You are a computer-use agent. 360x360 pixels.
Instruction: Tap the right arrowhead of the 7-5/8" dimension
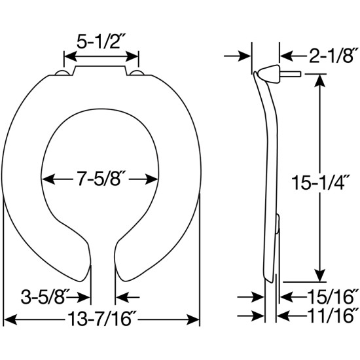(x=156, y=177)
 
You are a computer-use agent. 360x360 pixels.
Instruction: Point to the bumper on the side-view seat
(x=278, y=226)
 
